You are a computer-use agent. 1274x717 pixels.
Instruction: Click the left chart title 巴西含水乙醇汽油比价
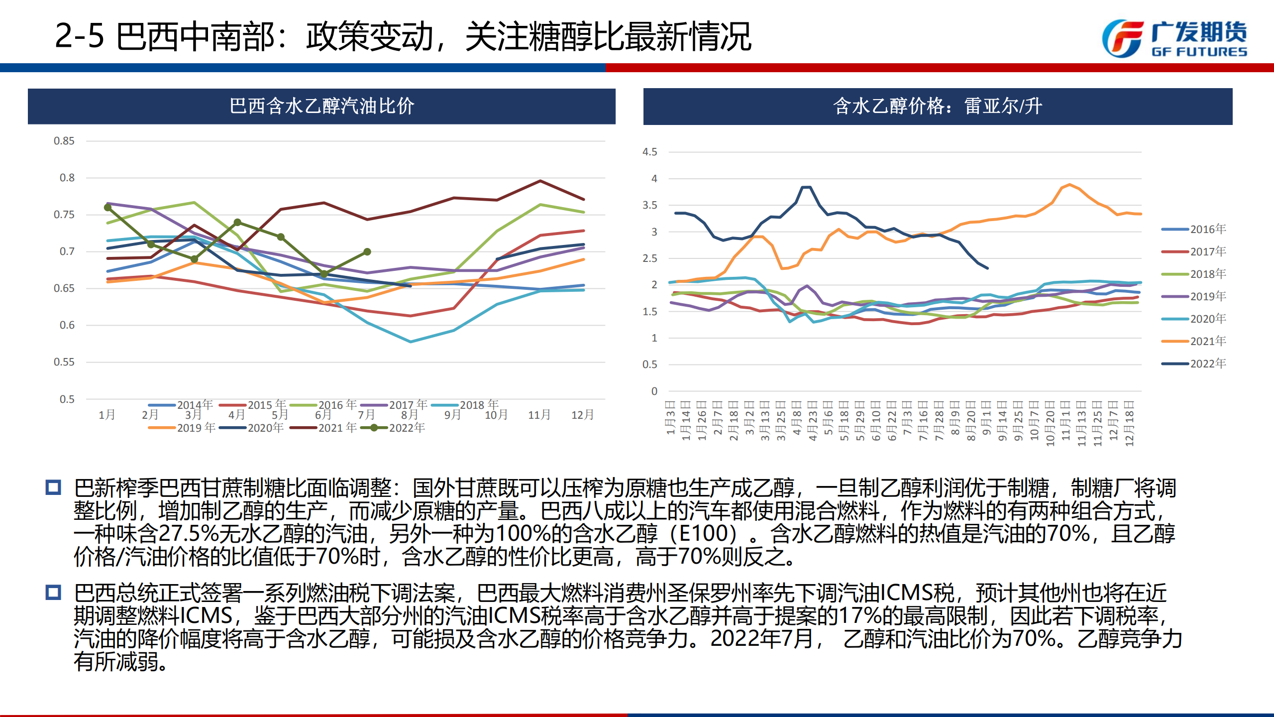coord(321,106)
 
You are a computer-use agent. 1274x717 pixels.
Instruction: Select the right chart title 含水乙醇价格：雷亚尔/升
coord(938,106)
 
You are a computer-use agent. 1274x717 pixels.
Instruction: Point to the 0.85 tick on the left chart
coord(64,141)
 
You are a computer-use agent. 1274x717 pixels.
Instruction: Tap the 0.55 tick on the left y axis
coord(64,362)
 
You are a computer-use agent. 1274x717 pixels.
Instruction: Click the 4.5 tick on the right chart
coord(649,152)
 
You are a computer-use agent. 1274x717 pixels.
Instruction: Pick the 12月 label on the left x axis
coord(582,415)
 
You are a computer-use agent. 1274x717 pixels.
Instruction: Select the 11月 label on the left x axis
coord(539,415)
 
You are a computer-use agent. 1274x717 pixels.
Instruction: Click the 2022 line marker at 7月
coord(367,252)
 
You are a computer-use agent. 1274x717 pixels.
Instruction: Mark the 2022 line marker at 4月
coord(237,222)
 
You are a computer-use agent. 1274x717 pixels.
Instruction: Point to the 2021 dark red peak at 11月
coord(540,181)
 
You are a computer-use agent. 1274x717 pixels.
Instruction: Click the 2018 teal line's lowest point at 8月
coord(410,342)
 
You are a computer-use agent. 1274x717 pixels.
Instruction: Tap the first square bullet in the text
coord(53,487)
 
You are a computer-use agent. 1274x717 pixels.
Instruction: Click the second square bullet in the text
coord(53,593)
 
